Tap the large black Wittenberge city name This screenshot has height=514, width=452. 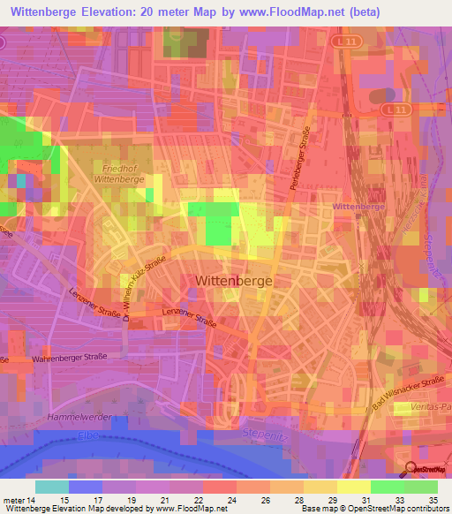pos(232,280)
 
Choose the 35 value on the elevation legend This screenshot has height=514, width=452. pos(433,498)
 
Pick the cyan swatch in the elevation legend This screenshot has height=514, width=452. pos(52,487)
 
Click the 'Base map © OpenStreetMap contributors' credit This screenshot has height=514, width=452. pos(373,509)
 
